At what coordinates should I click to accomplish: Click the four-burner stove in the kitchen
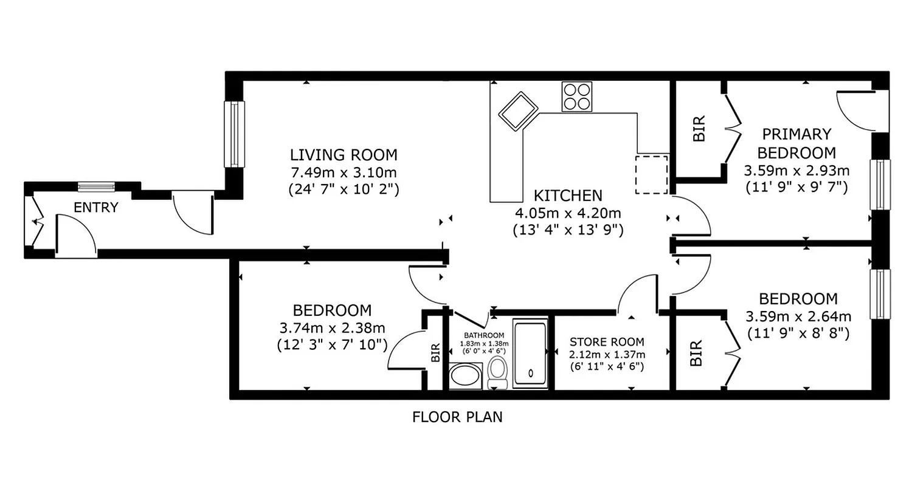point(576,96)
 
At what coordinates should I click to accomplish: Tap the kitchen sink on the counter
point(519,111)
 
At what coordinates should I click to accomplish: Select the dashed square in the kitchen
point(651,174)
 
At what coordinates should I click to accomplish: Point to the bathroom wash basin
point(466,376)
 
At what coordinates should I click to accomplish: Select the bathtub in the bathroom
point(531,354)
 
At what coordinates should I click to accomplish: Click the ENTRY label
point(95,208)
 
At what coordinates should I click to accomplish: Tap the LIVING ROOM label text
point(344,155)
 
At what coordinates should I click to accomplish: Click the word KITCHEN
point(568,196)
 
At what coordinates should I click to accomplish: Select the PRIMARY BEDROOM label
point(796,143)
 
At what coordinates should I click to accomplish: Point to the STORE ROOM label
point(607,343)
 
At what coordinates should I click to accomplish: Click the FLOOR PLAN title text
point(457,417)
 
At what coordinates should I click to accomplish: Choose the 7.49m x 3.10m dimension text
point(344,173)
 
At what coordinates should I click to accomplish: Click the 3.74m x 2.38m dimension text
point(332,328)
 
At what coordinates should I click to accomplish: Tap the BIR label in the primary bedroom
point(700,129)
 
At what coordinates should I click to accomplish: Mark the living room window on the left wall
point(233,134)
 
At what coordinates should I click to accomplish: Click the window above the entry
point(96,187)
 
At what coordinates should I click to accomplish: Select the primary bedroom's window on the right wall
point(879,185)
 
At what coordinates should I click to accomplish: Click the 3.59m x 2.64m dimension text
point(798,317)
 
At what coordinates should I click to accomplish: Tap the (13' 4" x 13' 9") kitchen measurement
point(568,230)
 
